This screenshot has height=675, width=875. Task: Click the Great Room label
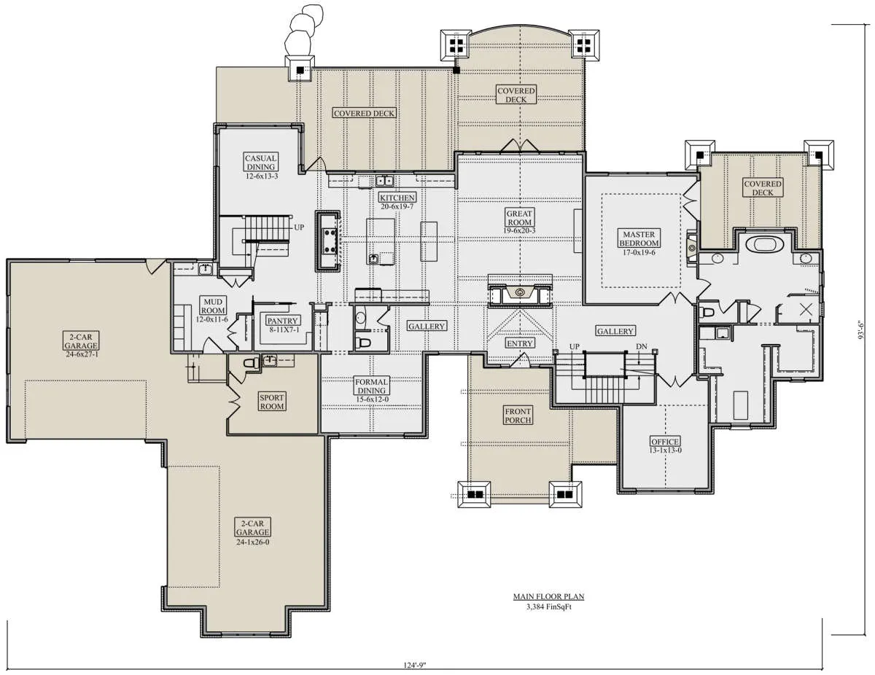pyautogui.click(x=519, y=218)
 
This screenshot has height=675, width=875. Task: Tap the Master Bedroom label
pyautogui.click(x=639, y=238)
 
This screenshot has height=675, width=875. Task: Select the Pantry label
pyautogui.click(x=282, y=321)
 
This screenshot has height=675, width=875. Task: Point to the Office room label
pyautogui.click(x=665, y=442)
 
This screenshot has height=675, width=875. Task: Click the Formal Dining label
pyautogui.click(x=371, y=386)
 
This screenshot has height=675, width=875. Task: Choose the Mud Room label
pyautogui.click(x=213, y=306)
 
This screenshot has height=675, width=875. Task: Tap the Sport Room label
pyautogui.click(x=272, y=402)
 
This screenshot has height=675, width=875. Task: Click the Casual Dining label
pyautogui.click(x=260, y=163)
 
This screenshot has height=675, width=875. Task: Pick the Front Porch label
pyautogui.click(x=518, y=415)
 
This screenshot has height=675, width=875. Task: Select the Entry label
pyautogui.click(x=519, y=343)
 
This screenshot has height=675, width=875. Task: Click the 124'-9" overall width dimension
pyautogui.click(x=415, y=665)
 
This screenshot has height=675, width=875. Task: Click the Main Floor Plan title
pyautogui.click(x=548, y=596)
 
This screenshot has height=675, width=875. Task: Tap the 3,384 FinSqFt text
pyautogui.click(x=548, y=607)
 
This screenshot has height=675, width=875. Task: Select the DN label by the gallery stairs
pyautogui.click(x=642, y=346)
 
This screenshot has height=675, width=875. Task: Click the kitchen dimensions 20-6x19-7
pyautogui.click(x=397, y=206)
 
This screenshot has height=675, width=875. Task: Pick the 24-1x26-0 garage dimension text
pyautogui.click(x=252, y=542)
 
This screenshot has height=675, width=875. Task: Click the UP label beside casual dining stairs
pyautogui.click(x=299, y=227)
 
